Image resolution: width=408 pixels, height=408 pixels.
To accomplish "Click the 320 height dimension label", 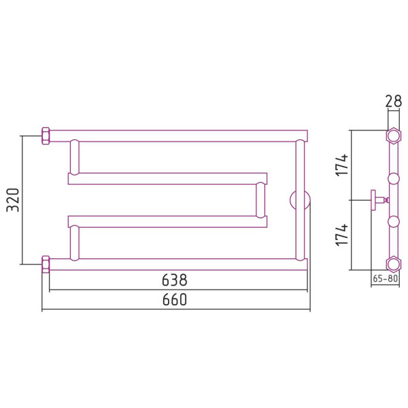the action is [x=13, y=199].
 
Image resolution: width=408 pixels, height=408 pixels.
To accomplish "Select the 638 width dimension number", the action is [x=174, y=280].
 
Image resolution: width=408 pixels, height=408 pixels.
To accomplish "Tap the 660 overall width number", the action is [x=174, y=299].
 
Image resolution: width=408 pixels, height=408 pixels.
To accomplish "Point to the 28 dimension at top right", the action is [x=394, y=101].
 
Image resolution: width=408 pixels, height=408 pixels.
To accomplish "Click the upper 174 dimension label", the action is [x=341, y=165].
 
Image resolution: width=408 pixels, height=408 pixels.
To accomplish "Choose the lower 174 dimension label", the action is [x=341, y=235].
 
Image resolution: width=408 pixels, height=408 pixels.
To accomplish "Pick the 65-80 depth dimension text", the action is [x=385, y=278].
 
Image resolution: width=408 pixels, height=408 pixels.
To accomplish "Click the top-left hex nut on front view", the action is [x=46, y=135].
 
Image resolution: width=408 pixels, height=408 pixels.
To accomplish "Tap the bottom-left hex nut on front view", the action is [x=46, y=265].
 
